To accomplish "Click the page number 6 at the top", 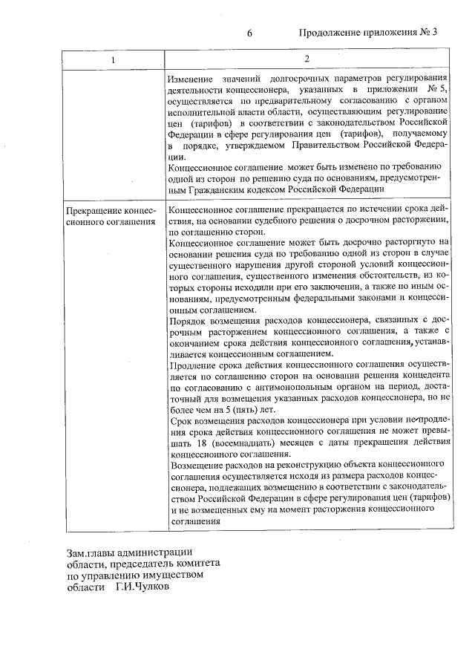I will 249,33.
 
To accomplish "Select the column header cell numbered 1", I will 112,59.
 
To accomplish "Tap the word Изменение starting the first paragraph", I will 190,79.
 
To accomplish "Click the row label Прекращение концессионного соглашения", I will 110,215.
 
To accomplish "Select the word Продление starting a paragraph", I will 193,365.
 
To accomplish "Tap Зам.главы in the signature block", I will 91,552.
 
